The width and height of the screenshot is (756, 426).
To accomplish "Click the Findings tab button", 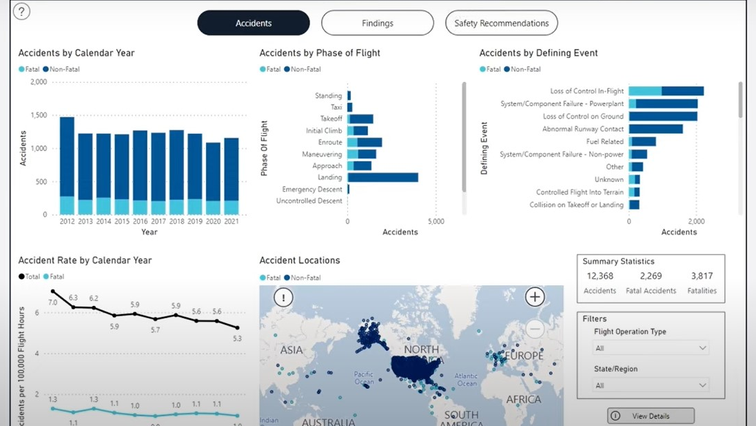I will click(x=377, y=23).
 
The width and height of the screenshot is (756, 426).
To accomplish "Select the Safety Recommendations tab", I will click(x=501, y=23).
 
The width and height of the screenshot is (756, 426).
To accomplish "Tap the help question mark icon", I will click(x=21, y=12).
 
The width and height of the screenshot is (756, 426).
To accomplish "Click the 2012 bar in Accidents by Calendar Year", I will click(x=67, y=165).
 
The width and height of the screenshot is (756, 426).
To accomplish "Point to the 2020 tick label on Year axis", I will click(x=213, y=221).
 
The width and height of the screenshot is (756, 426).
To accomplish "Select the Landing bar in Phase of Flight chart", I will click(x=382, y=177).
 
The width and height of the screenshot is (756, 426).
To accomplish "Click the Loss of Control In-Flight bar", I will click(x=666, y=91).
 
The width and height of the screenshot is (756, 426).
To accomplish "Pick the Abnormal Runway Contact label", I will click(x=582, y=129).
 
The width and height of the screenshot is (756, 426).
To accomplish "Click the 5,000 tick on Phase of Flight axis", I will click(x=436, y=221).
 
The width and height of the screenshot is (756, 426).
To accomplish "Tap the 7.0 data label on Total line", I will click(x=53, y=302).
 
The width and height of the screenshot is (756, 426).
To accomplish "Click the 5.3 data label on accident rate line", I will click(x=237, y=338).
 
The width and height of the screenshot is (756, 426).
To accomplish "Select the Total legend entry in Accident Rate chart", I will click(x=30, y=276).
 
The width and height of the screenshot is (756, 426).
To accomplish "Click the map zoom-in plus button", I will click(x=535, y=297).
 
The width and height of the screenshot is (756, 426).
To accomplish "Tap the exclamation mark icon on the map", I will click(x=283, y=297).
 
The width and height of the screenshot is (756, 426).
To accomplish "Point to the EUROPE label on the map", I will click(x=524, y=356).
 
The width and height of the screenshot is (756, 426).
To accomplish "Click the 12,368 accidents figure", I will click(x=600, y=276).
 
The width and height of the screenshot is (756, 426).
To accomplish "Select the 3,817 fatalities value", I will click(x=702, y=276).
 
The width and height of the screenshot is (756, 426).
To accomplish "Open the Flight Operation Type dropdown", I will click(x=651, y=348).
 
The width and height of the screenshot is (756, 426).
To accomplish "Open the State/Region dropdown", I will click(x=651, y=385).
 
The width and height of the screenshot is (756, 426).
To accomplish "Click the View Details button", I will click(x=651, y=416).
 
